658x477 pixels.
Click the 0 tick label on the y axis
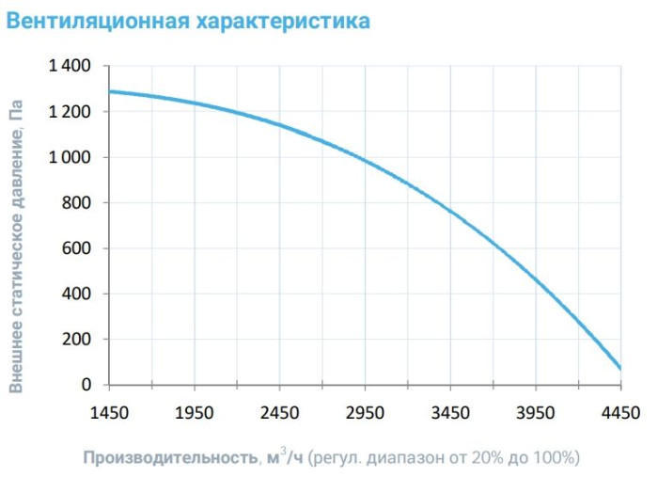click(x=86, y=385)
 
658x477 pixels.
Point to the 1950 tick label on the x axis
click(x=194, y=412)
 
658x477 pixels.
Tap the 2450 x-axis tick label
click(x=279, y=412)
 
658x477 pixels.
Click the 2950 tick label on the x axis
click(x=365, y=412)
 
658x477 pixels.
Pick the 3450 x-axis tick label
click(x=450, y=412)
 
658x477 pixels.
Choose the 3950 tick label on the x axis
click(x=535, y=412)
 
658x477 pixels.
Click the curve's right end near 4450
click(x=619, y=366)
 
